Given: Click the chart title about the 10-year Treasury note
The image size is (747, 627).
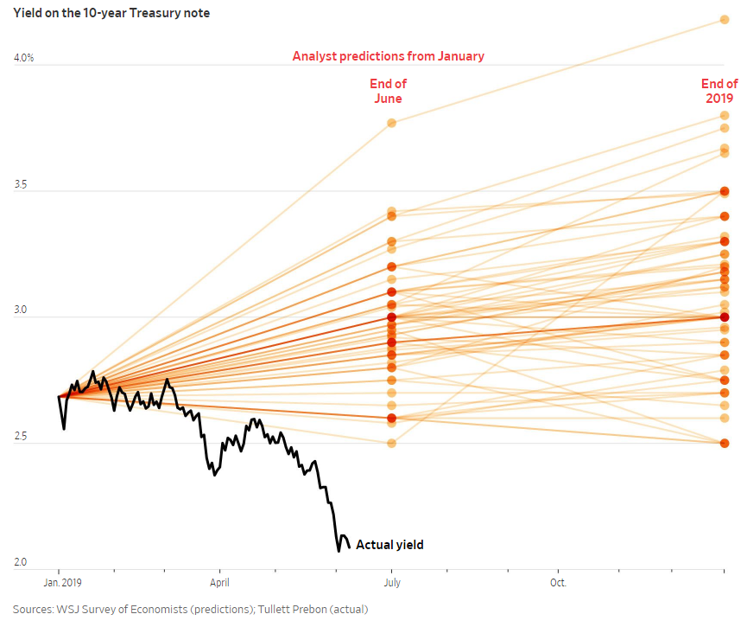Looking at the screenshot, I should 111,13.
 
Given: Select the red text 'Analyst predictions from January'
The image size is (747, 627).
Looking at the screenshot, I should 388,56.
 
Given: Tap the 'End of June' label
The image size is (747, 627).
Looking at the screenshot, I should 388,91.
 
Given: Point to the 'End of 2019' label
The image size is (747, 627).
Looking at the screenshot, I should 719,91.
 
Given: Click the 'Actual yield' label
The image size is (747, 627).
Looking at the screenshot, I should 389,545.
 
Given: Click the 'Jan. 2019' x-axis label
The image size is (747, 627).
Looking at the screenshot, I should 59,583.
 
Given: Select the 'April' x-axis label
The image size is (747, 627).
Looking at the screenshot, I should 219,583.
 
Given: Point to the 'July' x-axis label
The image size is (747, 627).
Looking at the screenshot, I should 392,583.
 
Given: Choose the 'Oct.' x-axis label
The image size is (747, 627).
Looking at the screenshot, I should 559,583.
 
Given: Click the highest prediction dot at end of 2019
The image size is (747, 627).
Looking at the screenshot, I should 725,19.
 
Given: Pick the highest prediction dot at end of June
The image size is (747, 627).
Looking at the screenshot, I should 391,123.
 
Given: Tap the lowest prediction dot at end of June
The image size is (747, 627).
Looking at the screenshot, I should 391,444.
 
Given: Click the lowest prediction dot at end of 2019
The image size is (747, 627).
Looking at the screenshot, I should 725,444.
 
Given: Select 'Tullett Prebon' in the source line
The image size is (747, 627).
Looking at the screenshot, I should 280,609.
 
